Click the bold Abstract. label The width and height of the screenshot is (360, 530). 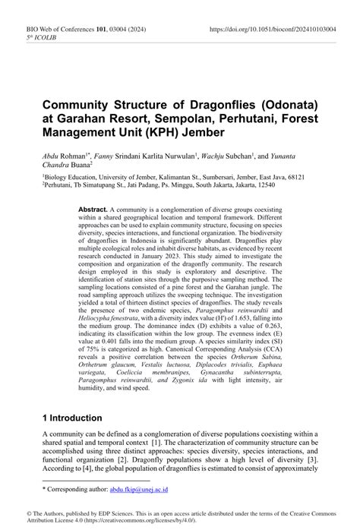point(93,210)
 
